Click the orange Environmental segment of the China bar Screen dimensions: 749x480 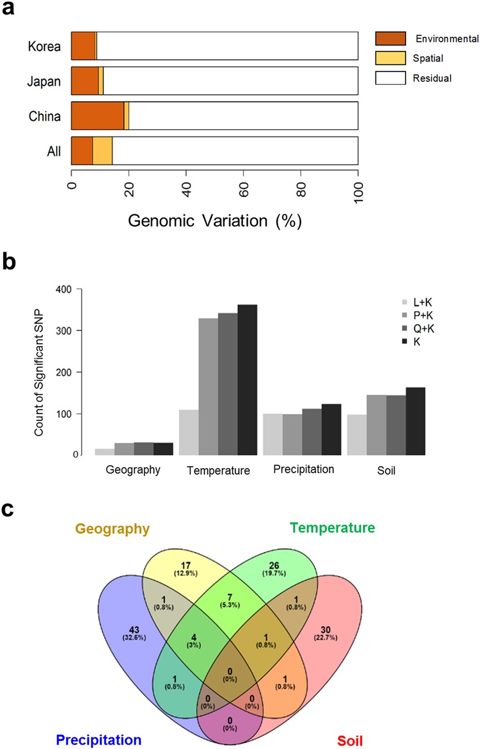coord(97,116)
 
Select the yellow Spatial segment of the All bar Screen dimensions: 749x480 coord(102,151)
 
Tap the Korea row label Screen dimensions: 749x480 coord(44,46)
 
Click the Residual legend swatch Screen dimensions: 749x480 coord(390,78)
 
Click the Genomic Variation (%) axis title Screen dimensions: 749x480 coord(215,221)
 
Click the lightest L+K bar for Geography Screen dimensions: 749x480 coord(104,451)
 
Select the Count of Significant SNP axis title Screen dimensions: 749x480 coord(39,372)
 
